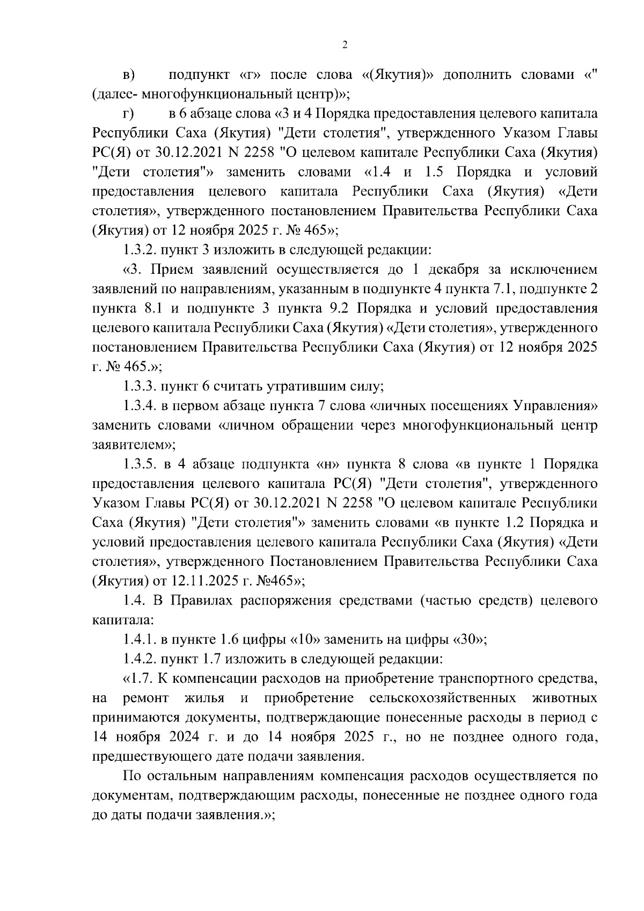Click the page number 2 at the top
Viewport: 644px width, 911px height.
tap(345, 45)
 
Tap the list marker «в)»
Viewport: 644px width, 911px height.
tap(128, 75)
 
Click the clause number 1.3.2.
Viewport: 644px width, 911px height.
tap(141, 250)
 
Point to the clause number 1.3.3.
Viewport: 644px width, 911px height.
tap(141, 386)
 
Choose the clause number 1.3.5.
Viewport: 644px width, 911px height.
tap(141, 464)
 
